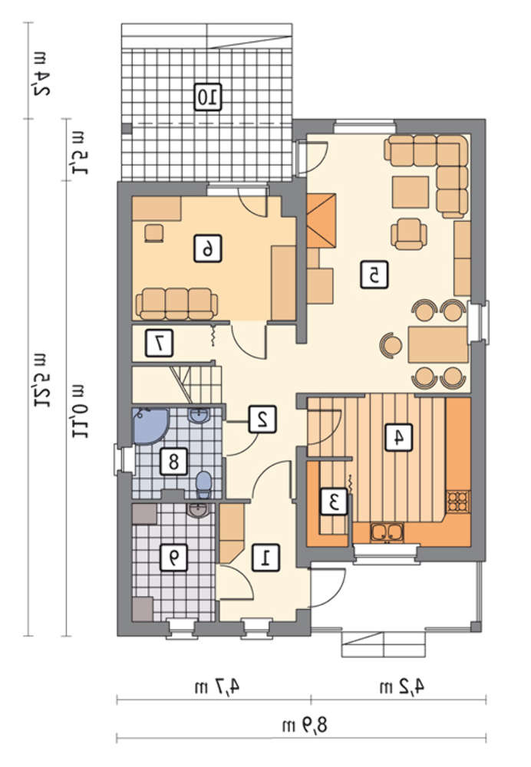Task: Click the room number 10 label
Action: pyautogui.click(x=207, y=97)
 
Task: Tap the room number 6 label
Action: pyautogui.click(x=207, y=248)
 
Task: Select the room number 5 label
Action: pyautogui.click(x=374, y=275)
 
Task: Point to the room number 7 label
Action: pyautogui.click(x=159, y=343)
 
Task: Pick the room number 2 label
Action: pyautogui.click(x=262, y=420)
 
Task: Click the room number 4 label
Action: pyautogui.click(x=399, y=437)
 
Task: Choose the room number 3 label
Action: pyautogui.click(x=335, y=502)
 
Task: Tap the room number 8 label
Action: pyautogui.click(x=173, y=461)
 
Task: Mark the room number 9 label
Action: pyautogui.click(x=173, y=558)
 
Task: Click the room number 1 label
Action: pyautogui.click(x=266, y=558)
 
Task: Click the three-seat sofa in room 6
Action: pyautogui.click(x=176, y=304)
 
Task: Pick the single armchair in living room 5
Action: pyautogui.click(x=408, y=234)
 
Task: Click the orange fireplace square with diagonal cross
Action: pyautogui.click(x=322, y=221)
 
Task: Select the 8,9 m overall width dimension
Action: pyautogui.click(x=304, y=725)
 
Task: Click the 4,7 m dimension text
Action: pyautogui.click(x=217, y=686)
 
